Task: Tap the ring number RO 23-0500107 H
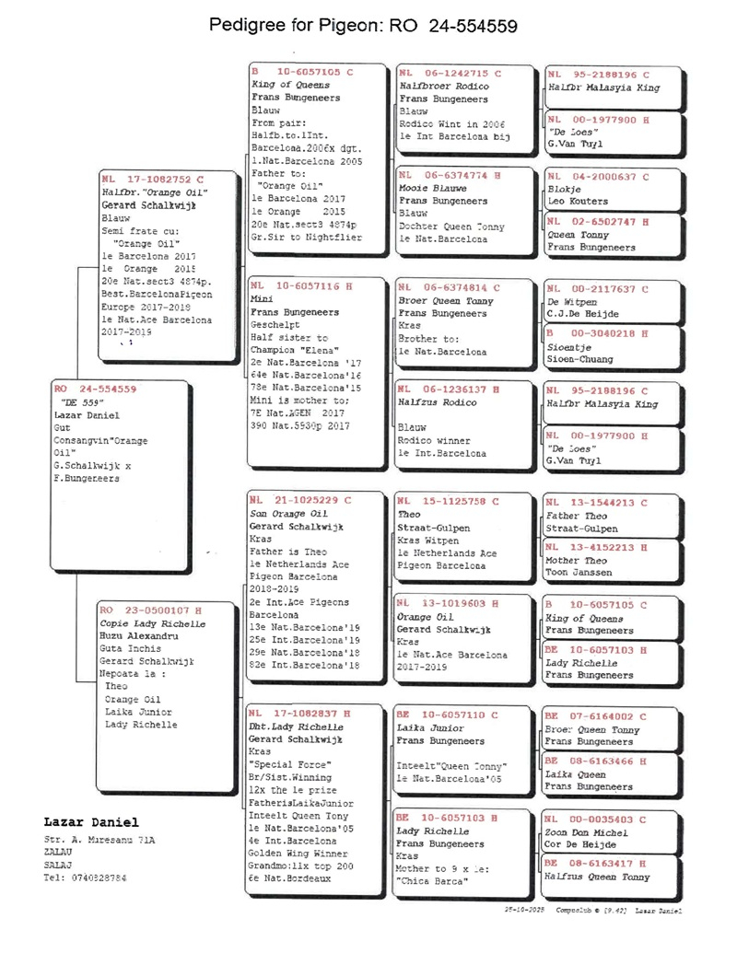coord(150,610)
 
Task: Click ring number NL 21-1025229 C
coord(300,500)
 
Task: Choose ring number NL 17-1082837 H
coord(300,713)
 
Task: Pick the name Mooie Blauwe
coord(431,188)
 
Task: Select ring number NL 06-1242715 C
coord(450,73)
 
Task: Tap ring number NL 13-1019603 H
coord(450,603)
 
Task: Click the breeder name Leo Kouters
coord(578,201)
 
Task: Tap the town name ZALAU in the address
coord(58,852)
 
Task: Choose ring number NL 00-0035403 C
coord(596,819)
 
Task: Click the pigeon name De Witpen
coord(572,301)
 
